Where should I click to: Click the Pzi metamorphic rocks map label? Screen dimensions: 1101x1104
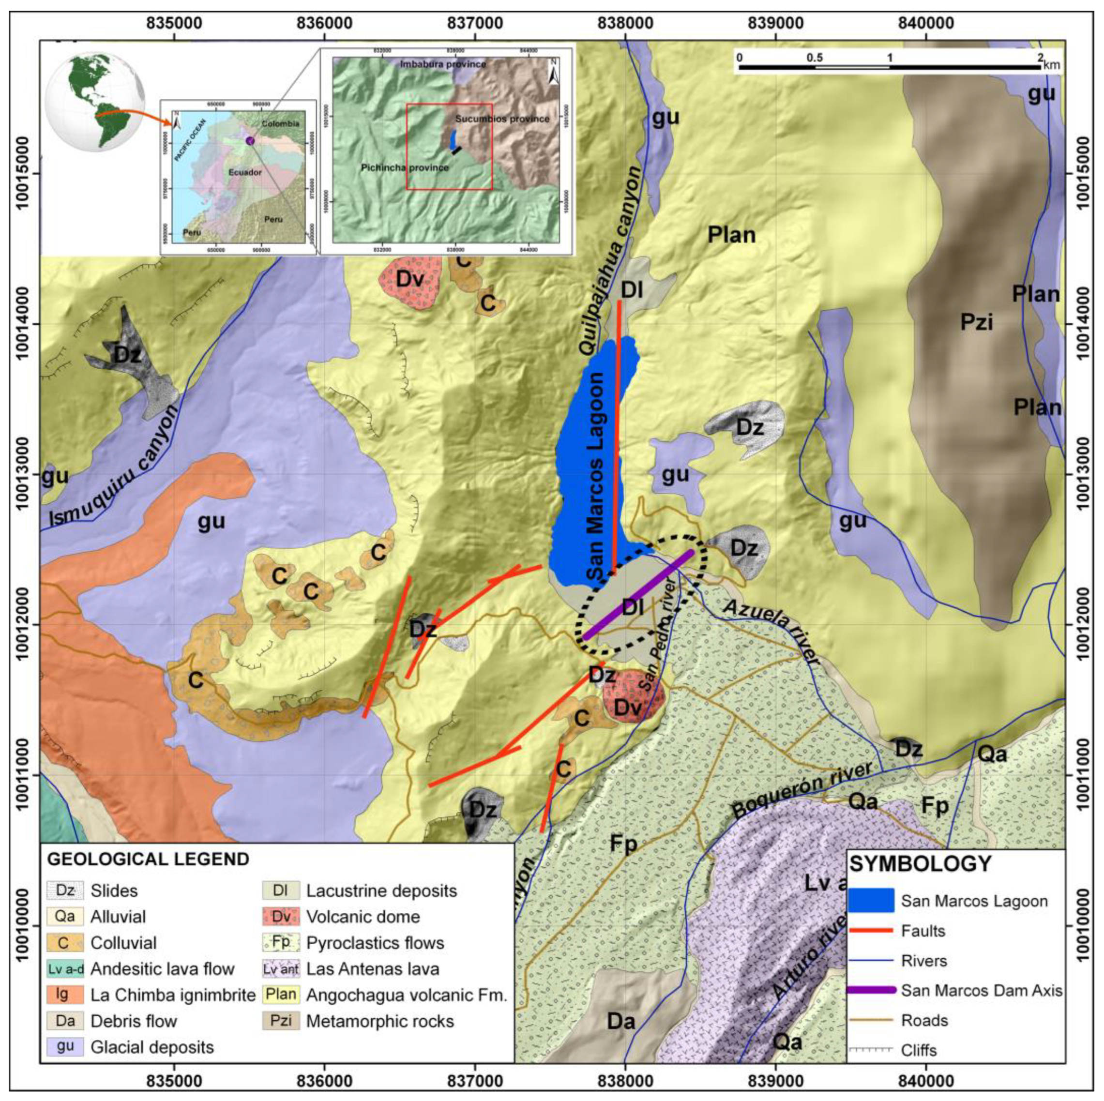976,323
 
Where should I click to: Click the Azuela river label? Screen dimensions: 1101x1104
771,632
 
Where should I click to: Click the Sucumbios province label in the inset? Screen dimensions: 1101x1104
502,119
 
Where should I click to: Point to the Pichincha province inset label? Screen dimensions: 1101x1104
404,168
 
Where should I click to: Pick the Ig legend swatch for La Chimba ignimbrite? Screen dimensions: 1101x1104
65,994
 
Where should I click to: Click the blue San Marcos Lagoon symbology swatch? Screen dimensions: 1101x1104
870,901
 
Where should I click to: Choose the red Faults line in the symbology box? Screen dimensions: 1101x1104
870,931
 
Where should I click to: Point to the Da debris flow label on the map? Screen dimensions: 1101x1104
620,1021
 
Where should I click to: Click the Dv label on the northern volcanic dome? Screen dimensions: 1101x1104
410,279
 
